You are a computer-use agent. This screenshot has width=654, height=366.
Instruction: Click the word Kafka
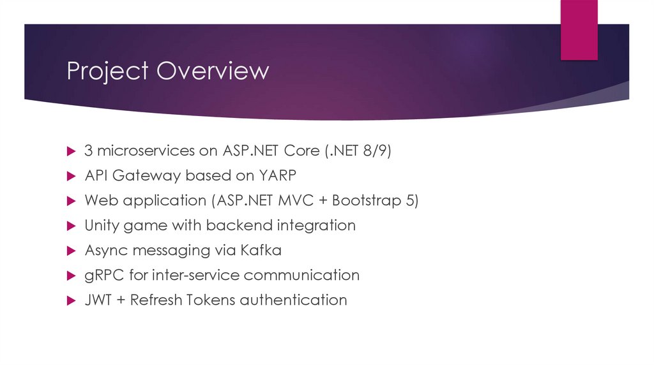(x=261, y=250)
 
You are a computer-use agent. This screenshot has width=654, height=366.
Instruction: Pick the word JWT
(x=98, y=300)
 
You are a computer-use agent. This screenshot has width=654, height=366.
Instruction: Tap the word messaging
(x=158, y=250)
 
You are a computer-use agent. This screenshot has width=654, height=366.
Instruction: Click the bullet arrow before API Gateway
(x=72, y=175)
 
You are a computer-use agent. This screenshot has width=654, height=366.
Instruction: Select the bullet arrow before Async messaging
(x=72, y=251)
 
